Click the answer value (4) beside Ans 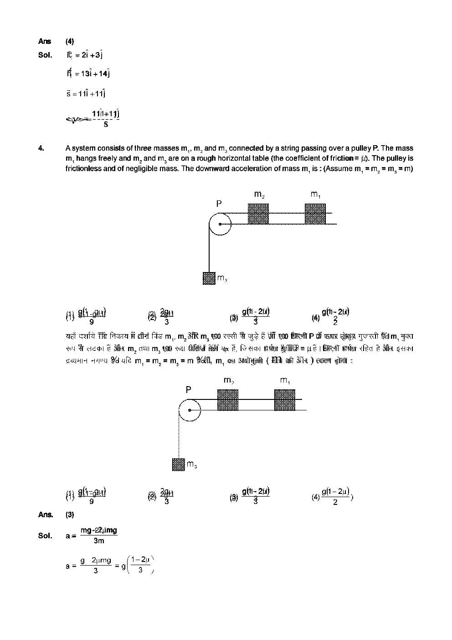pyautogui.click(x=70, y=41)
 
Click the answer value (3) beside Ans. pyautogui.click(x=70, y=514)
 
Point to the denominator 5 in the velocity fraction pyautogui.click(x=106, y=124)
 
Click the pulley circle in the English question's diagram pyautogui.click(x=220, y=224)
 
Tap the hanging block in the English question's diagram pyautogui.click(x=209, y=278)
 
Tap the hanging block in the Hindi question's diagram pyautogui.click(x=178, y=464)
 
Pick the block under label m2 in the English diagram pyautogui.click(x=258, y=214)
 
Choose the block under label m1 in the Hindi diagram pyautogui.click(x=285, y=400)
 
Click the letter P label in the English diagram pyautogui.click(x=219, y=204)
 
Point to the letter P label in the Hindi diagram pyautogui.click(x=188, y=390)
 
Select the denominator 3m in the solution pyautogui.click(x=98, y=541)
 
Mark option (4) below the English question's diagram pyautogui.click(x=331, y=316)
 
